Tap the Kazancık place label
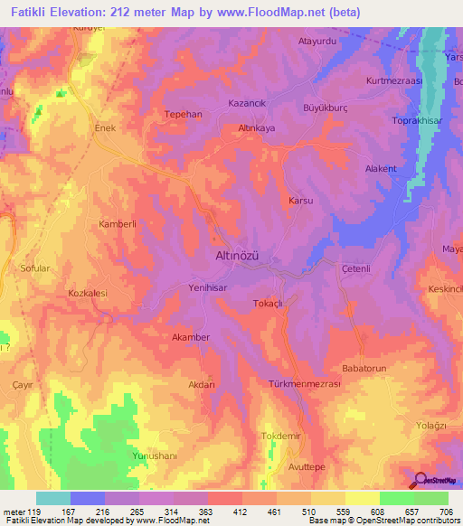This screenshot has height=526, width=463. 247,105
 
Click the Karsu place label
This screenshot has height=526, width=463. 299,200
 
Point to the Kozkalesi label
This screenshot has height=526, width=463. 89,294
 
